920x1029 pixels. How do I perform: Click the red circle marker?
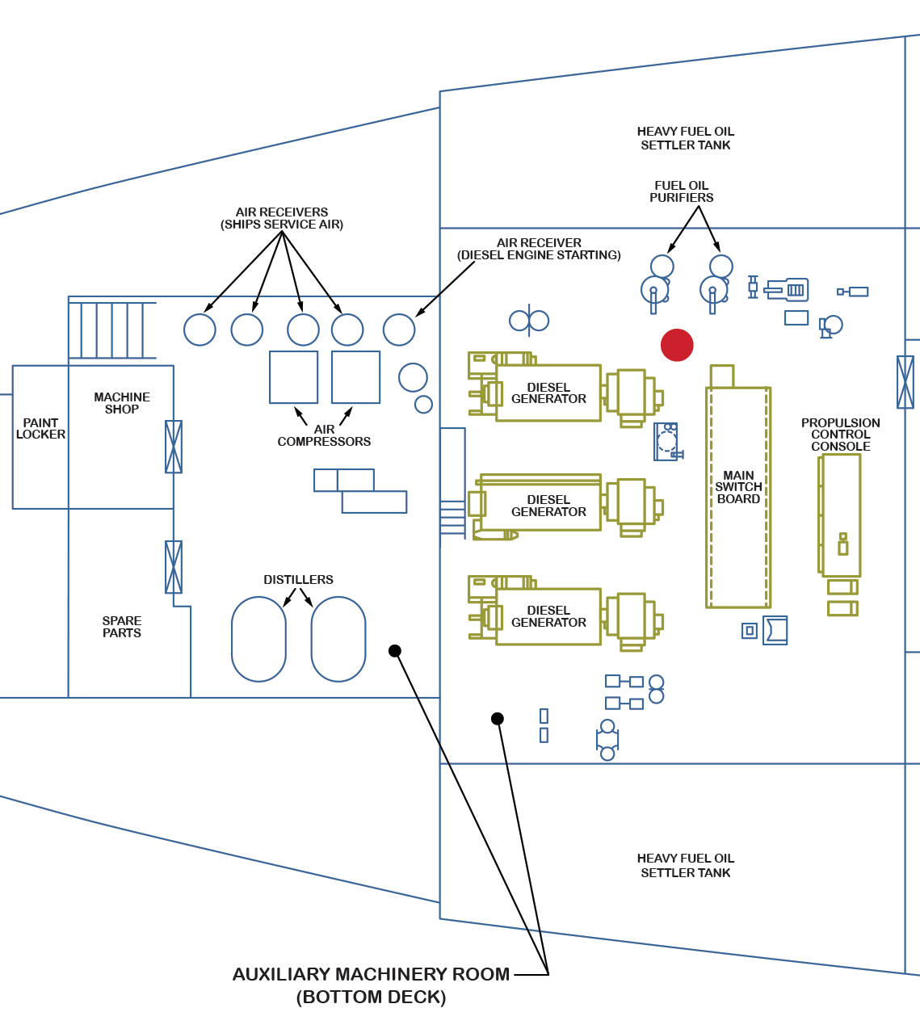(677, 345)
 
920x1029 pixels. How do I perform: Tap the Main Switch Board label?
(738, 487)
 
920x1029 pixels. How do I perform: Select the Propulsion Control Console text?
(840, 435)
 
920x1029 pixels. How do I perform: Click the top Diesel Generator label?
(548, 393)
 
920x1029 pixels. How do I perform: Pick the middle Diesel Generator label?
(548, 506)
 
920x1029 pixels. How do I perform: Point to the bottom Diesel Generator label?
(548, 616)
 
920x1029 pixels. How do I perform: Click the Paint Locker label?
(40, 428)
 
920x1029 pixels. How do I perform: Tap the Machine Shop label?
(122, 403)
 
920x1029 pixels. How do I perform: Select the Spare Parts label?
(122, 627)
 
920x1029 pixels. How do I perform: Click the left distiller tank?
(258, 639)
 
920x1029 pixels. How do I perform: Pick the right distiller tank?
(338, 639)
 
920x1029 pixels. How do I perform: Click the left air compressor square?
(293, 377)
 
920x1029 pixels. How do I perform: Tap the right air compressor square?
(355, 377)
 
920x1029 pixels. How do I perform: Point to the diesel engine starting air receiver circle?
(399, 330)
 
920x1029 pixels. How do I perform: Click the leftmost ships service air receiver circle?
(200, 330)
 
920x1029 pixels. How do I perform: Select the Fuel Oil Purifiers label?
(682, 191)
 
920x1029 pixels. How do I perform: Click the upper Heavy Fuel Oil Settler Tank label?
(686, 138)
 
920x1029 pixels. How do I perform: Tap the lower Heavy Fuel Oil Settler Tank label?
(686, 865)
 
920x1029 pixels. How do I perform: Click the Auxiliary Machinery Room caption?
(372, 985)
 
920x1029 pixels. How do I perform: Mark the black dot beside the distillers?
(395, 651)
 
